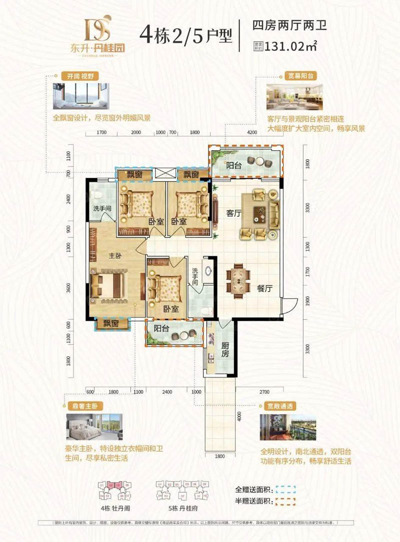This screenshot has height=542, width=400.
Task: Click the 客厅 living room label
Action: [234, 213]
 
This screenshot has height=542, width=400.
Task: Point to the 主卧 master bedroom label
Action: [116, 255]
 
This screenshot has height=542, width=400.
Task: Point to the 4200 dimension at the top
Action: [252, 133]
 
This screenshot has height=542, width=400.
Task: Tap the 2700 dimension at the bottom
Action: [264, 392]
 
